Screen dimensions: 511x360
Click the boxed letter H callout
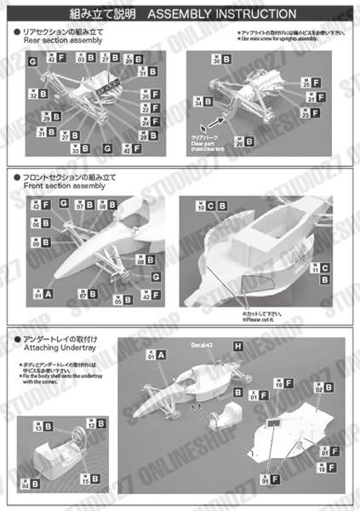point(237,345)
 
